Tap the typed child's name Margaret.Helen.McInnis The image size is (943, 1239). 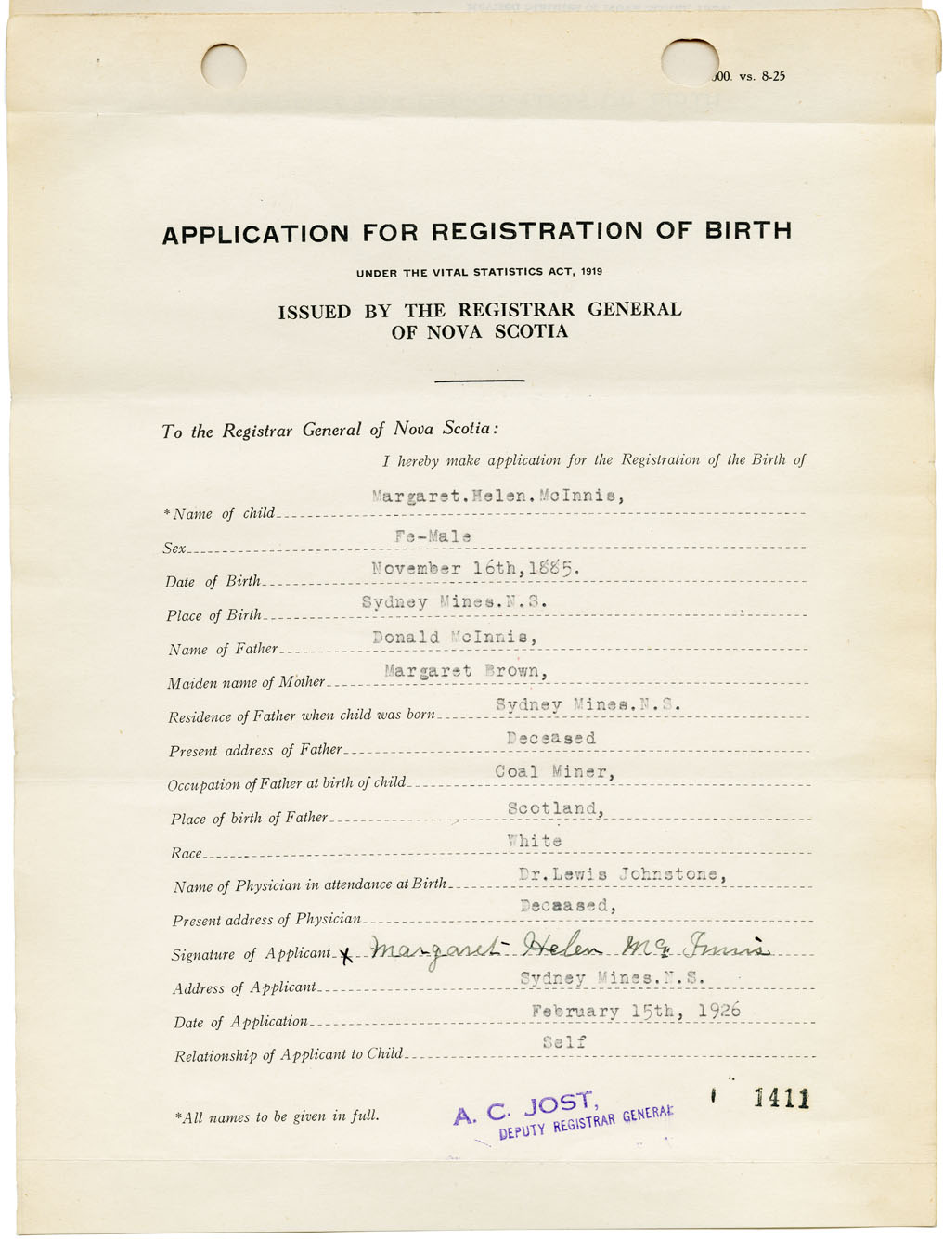[497, 496]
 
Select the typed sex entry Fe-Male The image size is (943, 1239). [433, 536]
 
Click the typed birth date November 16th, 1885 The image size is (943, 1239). [475, 568]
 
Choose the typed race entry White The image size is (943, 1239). [535, 841]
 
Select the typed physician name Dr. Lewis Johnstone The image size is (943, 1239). [622, 874]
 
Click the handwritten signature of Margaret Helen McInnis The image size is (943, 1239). [568, 949]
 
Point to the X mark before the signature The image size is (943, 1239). [347, 955]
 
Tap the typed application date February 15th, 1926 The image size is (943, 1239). [636, 1011]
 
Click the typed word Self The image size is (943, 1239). [564, 1042]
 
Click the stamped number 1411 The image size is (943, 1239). [782, 1100]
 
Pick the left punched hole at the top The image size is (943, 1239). [224, 66]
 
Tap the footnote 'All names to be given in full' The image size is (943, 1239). [278, 1116]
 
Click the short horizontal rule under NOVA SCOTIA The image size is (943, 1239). [479, 381]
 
